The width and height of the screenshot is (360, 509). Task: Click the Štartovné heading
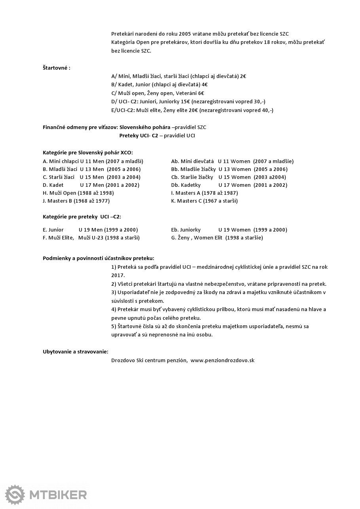57,68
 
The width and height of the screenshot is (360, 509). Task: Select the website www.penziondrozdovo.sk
222,361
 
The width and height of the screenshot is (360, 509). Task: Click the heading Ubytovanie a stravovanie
76,351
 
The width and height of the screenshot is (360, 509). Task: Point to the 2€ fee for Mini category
243,76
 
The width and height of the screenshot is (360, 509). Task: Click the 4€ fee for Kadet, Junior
205,84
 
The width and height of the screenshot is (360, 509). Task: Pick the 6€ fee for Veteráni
201,93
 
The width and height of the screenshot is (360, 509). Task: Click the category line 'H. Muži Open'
78,193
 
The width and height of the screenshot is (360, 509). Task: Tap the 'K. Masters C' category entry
204,201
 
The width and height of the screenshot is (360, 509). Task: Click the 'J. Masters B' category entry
76,201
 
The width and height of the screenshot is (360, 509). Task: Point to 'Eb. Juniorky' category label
186,230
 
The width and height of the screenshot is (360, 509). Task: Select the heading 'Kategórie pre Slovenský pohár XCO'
88,152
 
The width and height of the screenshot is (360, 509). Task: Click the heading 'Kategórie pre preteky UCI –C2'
82,217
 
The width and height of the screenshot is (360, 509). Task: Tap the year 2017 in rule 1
117,275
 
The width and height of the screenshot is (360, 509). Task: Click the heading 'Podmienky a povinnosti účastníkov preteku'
99,258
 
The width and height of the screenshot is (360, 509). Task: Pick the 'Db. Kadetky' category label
186,185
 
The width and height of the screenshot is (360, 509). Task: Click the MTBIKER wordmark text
58,495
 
